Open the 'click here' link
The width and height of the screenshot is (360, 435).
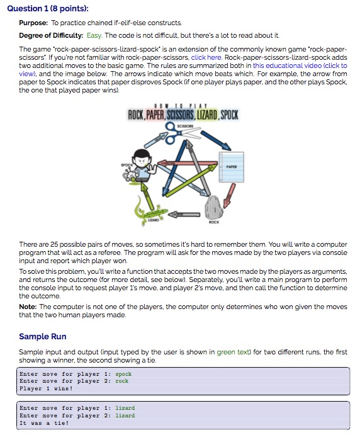click(x=206, y=57)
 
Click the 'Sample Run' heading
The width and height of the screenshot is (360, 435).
click(x=43, y=336)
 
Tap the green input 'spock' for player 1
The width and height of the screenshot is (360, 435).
click(x=123, y=374)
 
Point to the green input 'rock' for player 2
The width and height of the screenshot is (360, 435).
click(x=122, y=381)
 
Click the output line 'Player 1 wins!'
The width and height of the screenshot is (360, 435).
click(x=46, y=388)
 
